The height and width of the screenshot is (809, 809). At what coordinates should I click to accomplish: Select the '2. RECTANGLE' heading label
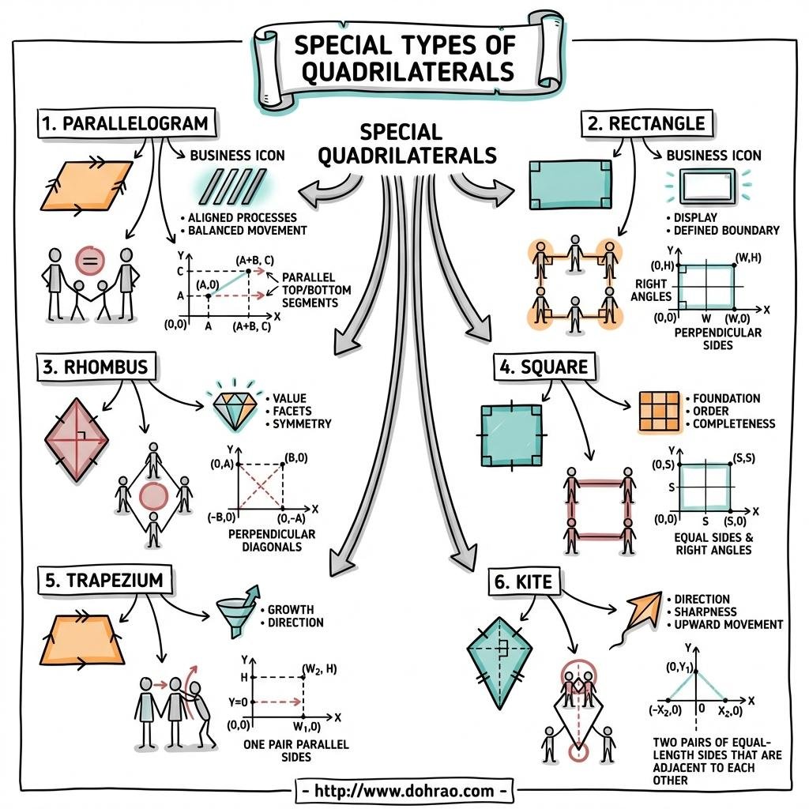pyautogui.click(x=645, y=123)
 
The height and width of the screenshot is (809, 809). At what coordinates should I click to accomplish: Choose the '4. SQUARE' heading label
pyautogui.click(x=544, y=367)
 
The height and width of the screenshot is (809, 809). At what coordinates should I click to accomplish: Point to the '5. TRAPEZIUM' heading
pyautogui.click(x=103, y=580)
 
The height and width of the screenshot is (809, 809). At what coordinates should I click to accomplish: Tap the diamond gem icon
pyautogui.click(x=235, y=404)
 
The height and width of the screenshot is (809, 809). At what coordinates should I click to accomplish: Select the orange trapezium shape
pyautogui.click(x=88, y=638)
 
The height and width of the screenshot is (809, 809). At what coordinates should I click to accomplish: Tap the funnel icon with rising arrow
pyautogui.click(x=236, y=612)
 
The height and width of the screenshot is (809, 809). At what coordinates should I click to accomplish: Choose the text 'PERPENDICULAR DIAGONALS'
pyautogui.click(x=271, y=540)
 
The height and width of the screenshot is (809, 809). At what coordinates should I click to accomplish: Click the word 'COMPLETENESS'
pyautogui.click(x=734, y=423)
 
